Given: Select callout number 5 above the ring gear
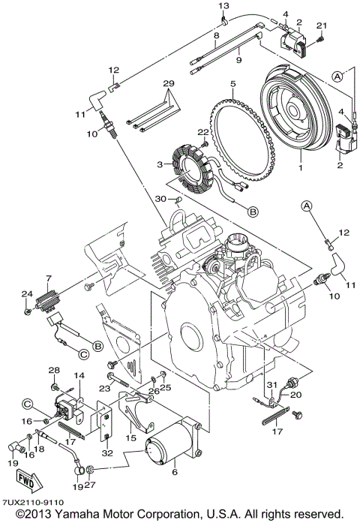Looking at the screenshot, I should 233,83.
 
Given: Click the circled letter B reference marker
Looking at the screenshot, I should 253,212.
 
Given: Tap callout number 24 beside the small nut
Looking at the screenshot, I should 25,293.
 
